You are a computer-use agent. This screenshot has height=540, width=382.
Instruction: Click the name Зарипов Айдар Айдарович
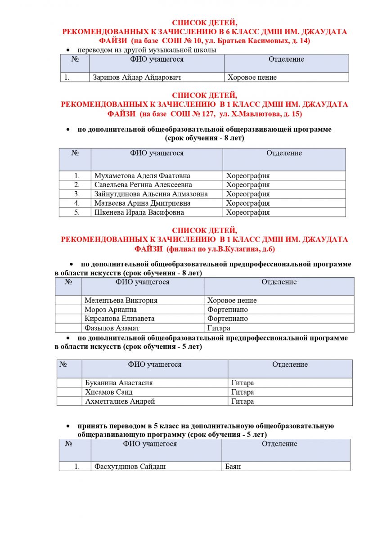click(137, 77)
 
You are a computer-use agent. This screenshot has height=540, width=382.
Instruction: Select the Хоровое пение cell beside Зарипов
click(252, 77)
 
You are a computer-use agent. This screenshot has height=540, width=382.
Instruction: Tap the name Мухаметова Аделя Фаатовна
click(142, 176)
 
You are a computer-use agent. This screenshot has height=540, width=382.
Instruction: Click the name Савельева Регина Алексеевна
click(143, 185)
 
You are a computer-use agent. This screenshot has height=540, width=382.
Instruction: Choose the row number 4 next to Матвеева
click(77, 203)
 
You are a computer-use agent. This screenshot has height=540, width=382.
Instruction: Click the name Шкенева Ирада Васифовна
click(139, 212)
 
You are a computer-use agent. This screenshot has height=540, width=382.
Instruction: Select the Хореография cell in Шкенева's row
click(248, 212)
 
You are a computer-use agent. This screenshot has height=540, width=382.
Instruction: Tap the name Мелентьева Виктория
click(121, 300)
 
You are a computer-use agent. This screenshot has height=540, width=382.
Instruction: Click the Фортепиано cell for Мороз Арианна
click(228, 310)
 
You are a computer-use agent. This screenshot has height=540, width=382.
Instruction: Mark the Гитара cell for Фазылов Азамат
click(219, 328)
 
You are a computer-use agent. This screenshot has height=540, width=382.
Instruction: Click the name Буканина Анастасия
click(119, 383)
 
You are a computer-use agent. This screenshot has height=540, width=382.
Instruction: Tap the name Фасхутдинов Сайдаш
click(130, 467)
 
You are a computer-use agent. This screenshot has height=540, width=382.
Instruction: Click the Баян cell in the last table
click(233, 467)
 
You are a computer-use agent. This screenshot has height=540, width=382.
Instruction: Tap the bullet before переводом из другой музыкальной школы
click(68, 50)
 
